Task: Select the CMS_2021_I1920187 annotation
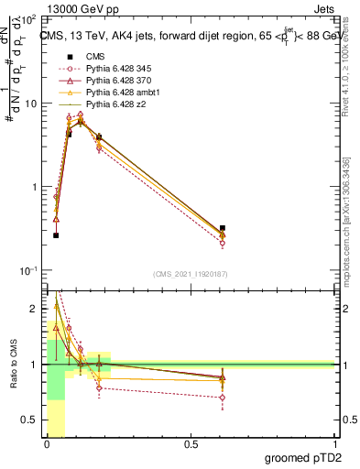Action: [x=190, y=274]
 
